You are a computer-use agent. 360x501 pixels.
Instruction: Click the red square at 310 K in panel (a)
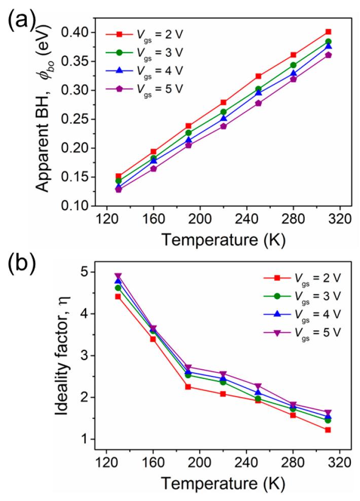(x=328, y=31)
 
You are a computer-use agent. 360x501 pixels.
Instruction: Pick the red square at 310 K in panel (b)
(x=328, y=430)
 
